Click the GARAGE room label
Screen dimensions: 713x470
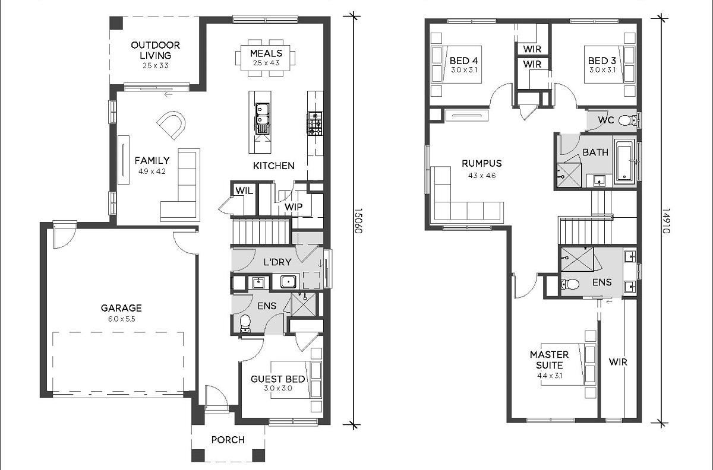[121, 308]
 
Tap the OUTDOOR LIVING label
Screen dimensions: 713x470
[155, 50]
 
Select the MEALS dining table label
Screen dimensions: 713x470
[266, 53]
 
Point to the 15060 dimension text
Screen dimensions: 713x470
[358, 221]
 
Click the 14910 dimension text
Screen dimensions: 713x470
[666, 221]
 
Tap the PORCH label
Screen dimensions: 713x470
[228, 440]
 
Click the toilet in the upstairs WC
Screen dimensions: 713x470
[626, 120]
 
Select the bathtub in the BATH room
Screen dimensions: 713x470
[626, 162]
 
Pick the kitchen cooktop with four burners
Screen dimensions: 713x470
[315, 123]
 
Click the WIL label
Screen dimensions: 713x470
[244, 191]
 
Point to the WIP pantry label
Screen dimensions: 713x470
[294, 207]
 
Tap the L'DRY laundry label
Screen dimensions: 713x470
[277, 262]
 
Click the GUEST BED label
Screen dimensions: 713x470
[277, 379]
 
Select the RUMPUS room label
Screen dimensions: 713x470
[482, 163]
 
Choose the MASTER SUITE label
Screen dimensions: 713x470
[550, 360]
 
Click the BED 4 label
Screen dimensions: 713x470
[464, 61]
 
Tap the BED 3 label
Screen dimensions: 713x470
[602, 61]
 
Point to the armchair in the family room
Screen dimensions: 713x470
[171, 125]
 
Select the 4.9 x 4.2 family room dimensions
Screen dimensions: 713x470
[152, 172]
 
